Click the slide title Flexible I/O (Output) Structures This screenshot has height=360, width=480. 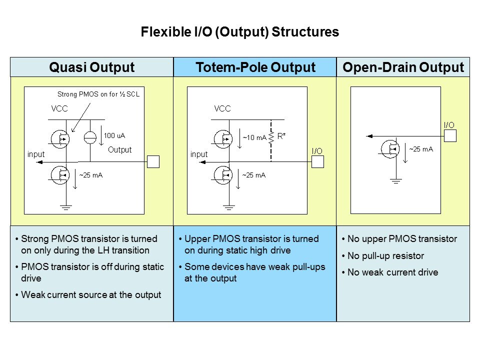click(x=240, y=32)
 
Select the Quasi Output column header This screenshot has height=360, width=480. click(x=91, y=67)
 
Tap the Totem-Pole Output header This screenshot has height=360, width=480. click(x=255, y=67)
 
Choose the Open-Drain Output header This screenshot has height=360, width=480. click(x=403, y=67)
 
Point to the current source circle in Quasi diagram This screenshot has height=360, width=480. click(x=90, y=137)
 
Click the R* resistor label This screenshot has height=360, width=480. click(x=281, y=135)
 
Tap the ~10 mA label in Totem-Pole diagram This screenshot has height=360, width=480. click(x=254, y=137)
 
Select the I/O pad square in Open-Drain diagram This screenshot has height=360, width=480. click(x=450, y=135)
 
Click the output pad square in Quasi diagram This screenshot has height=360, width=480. click(x=153, y=161)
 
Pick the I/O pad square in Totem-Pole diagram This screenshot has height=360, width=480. click(x=317, y=161)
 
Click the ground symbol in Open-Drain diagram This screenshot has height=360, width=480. click(x=396, y=181)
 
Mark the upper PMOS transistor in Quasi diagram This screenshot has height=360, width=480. click(x=60, y=138)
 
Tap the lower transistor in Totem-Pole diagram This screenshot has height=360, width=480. click(x=223, y=174)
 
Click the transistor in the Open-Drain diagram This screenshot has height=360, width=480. click(x=390, y=148)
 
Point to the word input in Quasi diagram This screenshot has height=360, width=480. click(x=35, y=154)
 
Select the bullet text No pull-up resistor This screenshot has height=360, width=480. click(x=385, y=256)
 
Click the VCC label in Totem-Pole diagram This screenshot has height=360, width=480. click(x=222, y=108)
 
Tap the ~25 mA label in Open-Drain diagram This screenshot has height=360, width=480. click(x=421, y=148)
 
